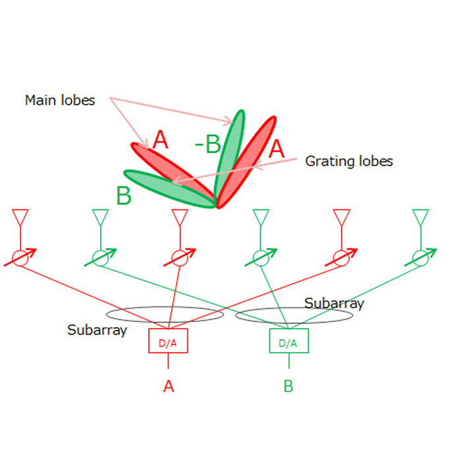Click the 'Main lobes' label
pos(60,101)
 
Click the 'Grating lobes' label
pos(348,161)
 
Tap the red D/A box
pos(169,341)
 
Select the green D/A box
pos(288,342)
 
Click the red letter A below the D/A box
pos(169,386)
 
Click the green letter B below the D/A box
pos(288,386)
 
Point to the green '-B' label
pos(207,144)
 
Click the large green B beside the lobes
pos(123,196)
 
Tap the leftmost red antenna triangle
pos(20,216)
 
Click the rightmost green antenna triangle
pos(420,216)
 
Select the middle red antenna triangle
pos(180,216)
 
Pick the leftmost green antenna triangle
pos(100,216)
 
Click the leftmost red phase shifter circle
pos(20,258)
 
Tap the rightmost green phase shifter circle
pos(420,258)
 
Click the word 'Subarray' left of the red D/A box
pos(97,330)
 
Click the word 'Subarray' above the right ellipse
pos(334,303)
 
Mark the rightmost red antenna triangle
pos(341,216)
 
